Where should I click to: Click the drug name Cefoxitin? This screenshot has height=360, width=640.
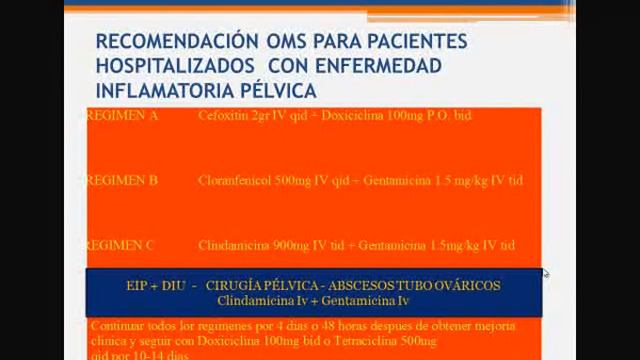click(221, 116)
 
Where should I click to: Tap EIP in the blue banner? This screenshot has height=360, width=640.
click(138, 286)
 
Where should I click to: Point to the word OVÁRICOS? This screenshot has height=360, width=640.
click(465, 286)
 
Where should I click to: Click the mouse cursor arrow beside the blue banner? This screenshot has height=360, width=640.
click(545, 273)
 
